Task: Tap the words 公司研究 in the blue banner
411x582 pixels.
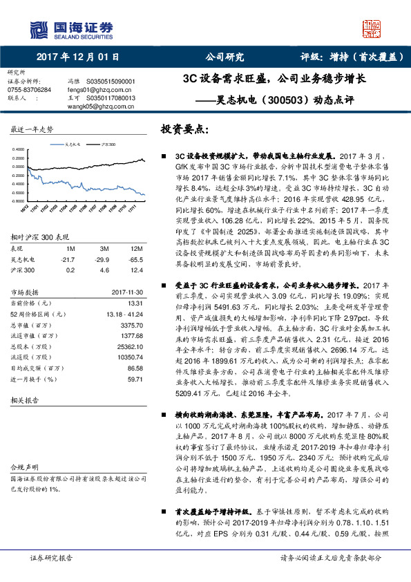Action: pos(224,58)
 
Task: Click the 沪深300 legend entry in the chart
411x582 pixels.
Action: pos(108,144)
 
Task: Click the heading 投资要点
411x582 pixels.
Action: pos(184,130)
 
